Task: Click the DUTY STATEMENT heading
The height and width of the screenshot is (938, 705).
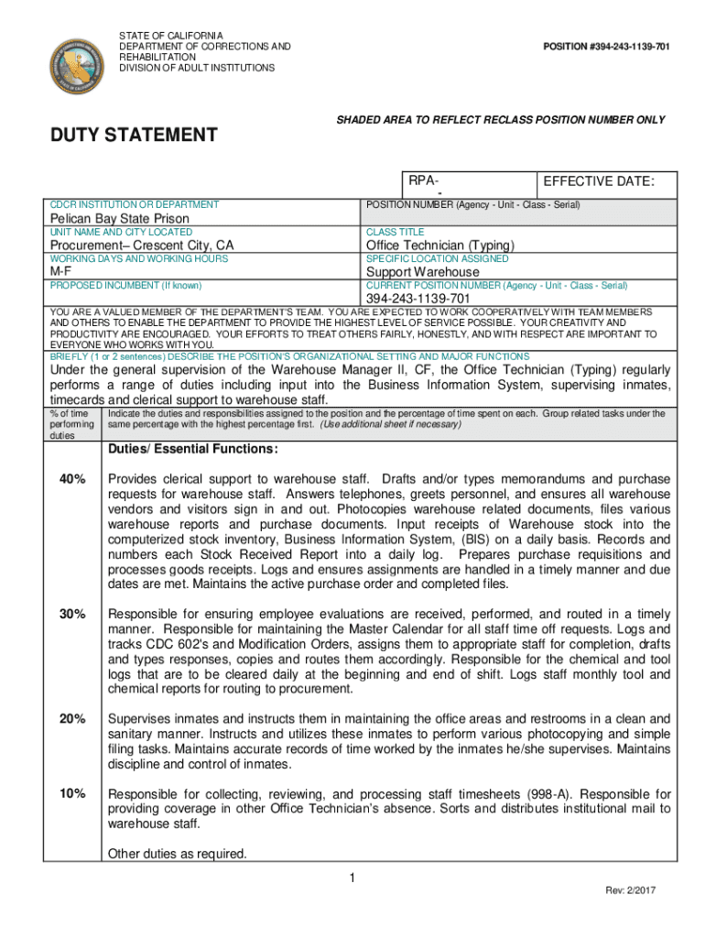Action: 133,136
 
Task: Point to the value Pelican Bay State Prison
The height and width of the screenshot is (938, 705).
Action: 119,219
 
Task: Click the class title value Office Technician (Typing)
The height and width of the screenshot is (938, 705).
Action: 440,245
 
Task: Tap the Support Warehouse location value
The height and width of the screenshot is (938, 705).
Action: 422,272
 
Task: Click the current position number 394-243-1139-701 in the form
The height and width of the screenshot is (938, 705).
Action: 418,299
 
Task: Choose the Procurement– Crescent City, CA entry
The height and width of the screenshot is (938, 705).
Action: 142,245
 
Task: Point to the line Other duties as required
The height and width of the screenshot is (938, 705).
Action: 178,854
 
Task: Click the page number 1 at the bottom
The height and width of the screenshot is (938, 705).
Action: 352,879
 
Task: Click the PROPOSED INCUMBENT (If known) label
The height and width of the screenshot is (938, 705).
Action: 125,286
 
